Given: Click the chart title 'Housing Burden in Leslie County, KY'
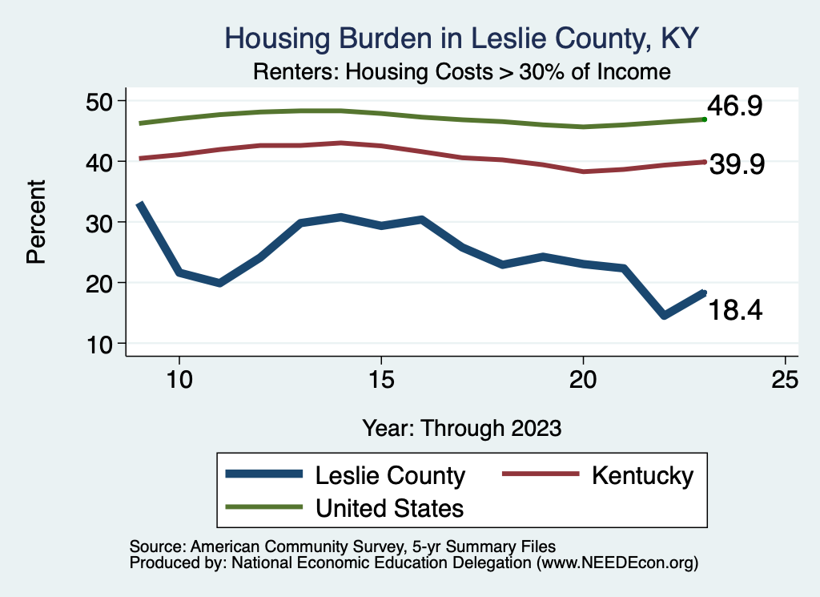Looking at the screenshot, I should [462, 38].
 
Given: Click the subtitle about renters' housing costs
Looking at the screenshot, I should [461, 72].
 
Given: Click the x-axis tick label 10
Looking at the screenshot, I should [179, 380].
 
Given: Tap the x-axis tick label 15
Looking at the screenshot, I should [381, 380].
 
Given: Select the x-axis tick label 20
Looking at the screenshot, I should [583, 380].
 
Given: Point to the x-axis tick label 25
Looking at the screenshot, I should [786, 380].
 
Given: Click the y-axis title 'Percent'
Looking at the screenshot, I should [35, 222].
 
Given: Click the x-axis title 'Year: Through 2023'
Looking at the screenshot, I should [461, 427].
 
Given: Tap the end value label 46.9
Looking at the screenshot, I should [734, 106].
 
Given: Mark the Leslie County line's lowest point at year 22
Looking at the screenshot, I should [664, 316].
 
